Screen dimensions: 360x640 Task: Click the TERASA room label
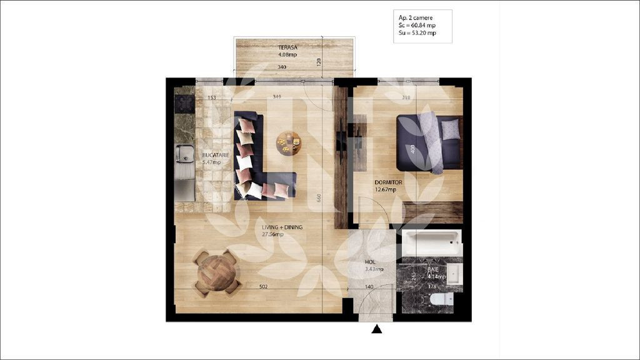coord(287,47)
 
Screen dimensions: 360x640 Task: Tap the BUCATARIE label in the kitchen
coord(216,154)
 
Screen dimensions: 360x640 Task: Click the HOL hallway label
coord(371,262)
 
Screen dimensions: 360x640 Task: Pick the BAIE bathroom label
coord(433,269)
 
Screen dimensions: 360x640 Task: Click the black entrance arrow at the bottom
coord(377,329)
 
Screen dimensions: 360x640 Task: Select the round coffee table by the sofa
coord(288,143)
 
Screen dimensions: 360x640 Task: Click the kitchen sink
coord(184,153)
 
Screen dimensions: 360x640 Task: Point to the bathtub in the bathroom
coord(431,242)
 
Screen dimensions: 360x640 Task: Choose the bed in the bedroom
coord(430,142)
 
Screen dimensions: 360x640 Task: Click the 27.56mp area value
coord(272,234)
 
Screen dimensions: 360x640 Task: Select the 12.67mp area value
coord(384,190)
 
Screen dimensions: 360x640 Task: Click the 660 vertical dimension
coord(319,198)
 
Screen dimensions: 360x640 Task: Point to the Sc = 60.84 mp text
coord(417,26)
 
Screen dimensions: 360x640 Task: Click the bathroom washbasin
coord(453,274)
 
